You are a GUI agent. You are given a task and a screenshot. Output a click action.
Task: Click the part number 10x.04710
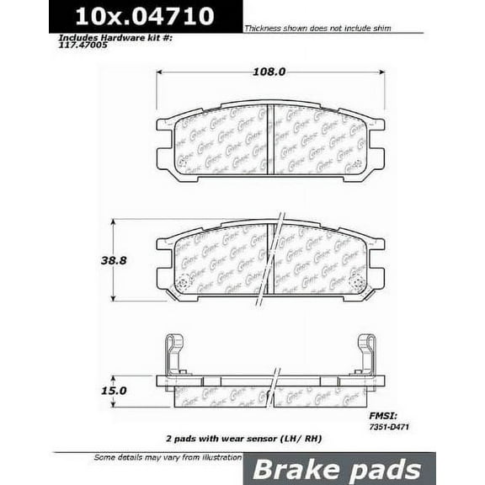pyautogui.click(x=144, y=16)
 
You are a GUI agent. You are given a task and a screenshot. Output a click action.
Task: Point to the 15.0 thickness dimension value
pyautogui.click(x=115, y=392)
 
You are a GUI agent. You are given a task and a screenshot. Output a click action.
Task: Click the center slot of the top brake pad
pyautogui.click(x=269, y=139)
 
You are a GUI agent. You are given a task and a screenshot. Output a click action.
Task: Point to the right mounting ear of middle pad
pyautogui.click(x=376, y=262)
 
